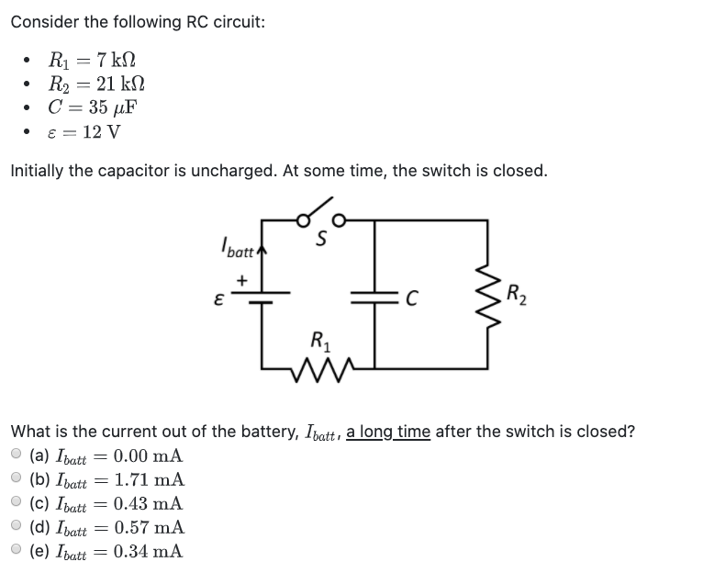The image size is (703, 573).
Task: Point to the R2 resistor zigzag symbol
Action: [x=487, y=296]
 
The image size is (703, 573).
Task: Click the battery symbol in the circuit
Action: [x=262, y=296]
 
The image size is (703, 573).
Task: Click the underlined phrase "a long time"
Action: [x=387, y=431]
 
